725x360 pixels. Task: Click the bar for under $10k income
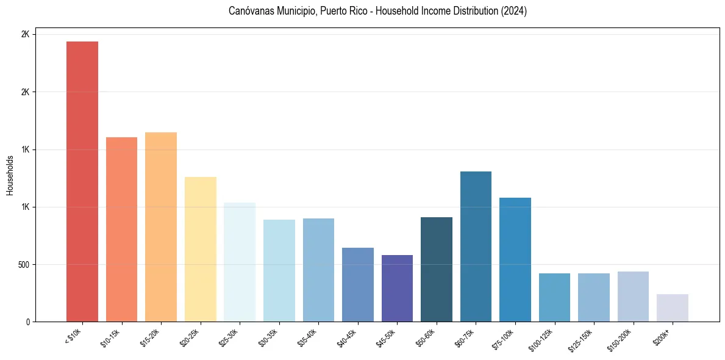pyautogui.click(x=82, y=181)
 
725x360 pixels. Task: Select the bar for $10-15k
pyautogui.click(x=121, y=229)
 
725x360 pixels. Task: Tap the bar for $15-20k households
pyautogui.click(x=161, y=227)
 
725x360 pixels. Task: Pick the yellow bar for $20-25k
pyautogui.click(x=200, y=249)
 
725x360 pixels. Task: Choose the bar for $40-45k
pyautogui.click(x=357, y=284)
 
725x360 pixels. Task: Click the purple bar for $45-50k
pyautogui.click(x=397, y=288)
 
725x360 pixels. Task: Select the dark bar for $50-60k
pyautogui.click(x=436, y=269)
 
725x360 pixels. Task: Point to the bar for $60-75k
pyautogui.click(x=476, y=247)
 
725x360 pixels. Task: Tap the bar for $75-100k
pyautogui.click(x=515, y=259)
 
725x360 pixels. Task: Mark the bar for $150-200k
pyautogui.click(x=633, y=297)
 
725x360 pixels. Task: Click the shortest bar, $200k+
pyautogui.click(x=672, y=308)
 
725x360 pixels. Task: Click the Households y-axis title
pyautogui.click(x=10, y=175)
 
